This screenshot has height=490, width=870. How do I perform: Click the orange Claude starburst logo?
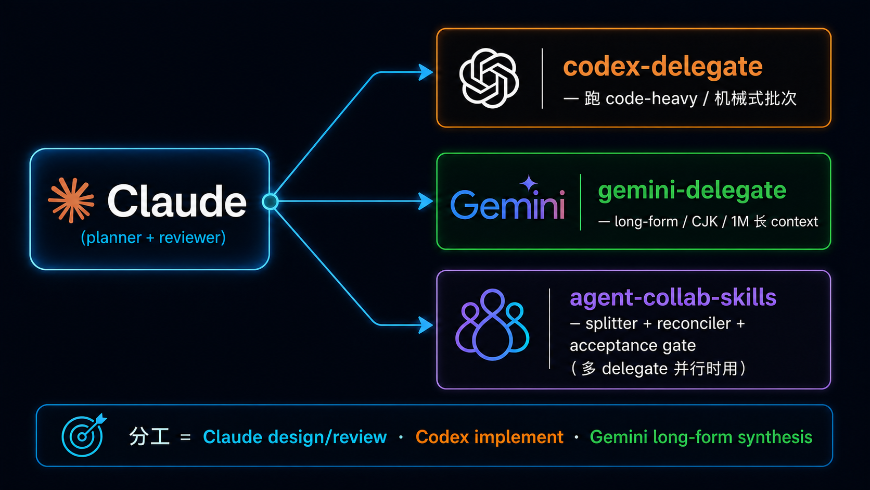pos(71,200)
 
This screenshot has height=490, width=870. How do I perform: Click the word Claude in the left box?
pos(177,201)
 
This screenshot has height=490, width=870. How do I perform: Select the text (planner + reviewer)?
pos(153,237)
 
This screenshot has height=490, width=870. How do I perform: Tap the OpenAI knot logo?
pos(489,78)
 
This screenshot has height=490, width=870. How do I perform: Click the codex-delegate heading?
pos(662,67)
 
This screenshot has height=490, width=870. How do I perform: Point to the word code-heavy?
pos(651,98)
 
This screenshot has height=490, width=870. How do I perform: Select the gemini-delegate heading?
pos(692,191)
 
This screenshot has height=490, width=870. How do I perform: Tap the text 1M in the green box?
pos(739,221)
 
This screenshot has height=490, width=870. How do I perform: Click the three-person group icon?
pos(492,324)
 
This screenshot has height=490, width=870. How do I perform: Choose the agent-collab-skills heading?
pos(673,298)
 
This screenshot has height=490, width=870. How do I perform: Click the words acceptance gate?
pos(633,345)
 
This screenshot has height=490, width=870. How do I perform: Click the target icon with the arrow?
pos(83,435)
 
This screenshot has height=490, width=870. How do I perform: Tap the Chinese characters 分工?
pos(149,437)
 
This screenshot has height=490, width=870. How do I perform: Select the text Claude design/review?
pos(295,437)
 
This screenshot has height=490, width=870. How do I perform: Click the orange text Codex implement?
pos(489,437)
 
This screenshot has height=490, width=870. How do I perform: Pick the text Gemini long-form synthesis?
pos(701,437)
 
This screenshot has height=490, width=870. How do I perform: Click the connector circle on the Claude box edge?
pos(270,202)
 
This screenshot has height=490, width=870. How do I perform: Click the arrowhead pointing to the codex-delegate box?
pos(426,72)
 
